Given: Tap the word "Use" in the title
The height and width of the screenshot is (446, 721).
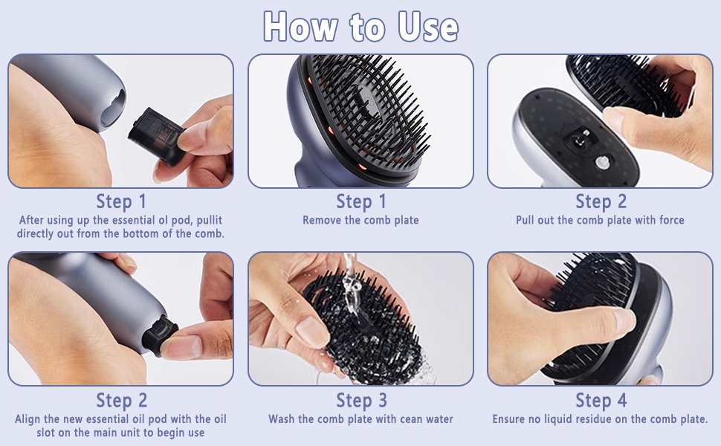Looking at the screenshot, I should coord(427,27).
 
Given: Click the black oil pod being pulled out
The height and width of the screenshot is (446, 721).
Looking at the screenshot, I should coord(155,135).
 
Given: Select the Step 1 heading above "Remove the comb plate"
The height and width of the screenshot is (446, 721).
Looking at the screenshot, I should coord(360,201).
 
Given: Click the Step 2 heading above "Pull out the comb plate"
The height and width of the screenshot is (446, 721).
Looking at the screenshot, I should coord(601,201).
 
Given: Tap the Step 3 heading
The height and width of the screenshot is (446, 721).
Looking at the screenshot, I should coord(360,401).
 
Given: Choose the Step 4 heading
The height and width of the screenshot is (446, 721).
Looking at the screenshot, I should coord(601,401).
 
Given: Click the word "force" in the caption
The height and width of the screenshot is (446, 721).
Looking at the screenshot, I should coord(669,220).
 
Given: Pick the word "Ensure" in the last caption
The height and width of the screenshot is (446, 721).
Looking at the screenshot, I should coord(511,419).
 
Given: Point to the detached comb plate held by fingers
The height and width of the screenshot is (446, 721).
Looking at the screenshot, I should coord(624,82).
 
